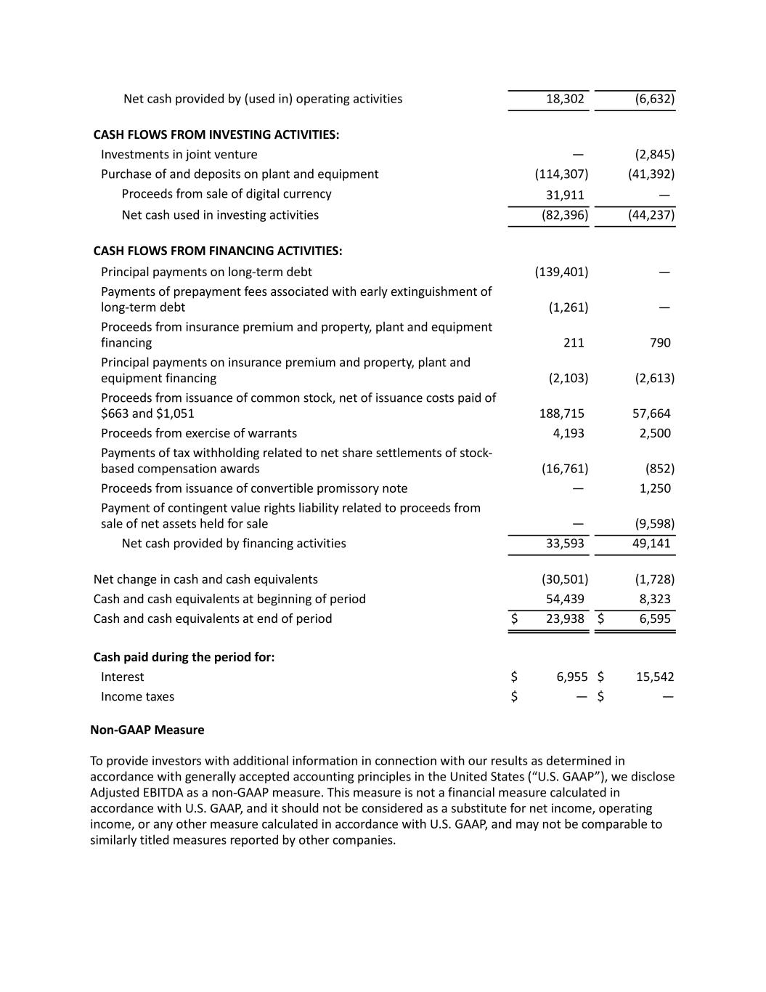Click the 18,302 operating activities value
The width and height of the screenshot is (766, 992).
point(565,99)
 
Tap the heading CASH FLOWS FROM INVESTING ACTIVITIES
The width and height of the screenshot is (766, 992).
point(216,134)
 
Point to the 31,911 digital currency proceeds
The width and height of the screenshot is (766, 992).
point(565,195)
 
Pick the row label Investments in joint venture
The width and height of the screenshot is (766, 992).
point(179,154)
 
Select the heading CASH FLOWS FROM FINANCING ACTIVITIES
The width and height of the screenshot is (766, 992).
point(218,251)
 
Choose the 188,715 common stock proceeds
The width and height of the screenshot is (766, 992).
point(561,414)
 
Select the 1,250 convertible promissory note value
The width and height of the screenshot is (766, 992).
point(655,488)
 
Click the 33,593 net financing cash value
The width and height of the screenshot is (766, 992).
point(565,543)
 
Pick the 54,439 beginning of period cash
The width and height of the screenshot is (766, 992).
point(565,599)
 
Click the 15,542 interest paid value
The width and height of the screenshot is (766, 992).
point(655,677)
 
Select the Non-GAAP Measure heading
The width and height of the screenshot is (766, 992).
point(147,730)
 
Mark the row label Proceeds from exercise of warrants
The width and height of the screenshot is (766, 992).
point(199,433)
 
